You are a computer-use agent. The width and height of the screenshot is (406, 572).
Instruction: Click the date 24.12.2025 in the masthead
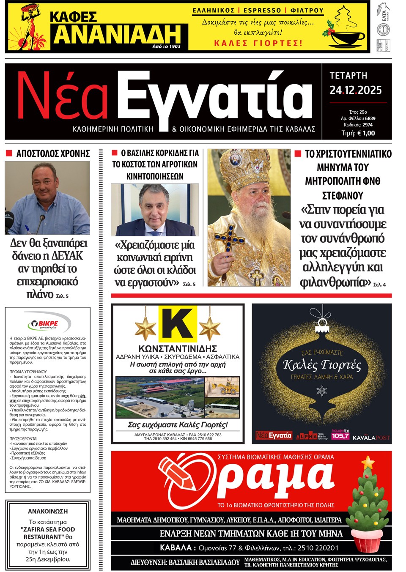point(356,90)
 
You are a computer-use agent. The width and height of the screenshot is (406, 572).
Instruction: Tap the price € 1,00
point(358,133)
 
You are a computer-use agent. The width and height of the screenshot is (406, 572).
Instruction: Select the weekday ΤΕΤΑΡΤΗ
point(348,76)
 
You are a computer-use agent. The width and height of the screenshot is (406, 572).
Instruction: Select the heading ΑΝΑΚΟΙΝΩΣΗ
point(48,511)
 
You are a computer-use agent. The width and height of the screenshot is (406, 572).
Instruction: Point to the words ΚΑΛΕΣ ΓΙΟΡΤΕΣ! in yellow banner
point(258,43)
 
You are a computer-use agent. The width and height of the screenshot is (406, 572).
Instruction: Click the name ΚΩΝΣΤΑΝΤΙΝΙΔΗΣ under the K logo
point(178,349)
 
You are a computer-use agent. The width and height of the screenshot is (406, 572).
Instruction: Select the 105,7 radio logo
point(340,435)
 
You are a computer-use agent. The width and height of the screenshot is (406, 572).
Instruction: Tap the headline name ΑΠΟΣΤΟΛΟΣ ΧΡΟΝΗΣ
point(53,153)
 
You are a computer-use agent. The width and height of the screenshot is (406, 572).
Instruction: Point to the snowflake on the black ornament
point(322,391)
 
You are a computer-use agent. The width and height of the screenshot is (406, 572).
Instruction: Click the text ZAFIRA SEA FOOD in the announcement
point(48,529)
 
